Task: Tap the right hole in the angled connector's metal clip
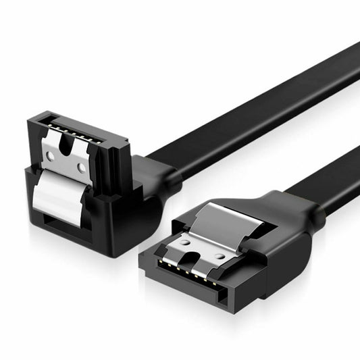(x=81, y=166)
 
